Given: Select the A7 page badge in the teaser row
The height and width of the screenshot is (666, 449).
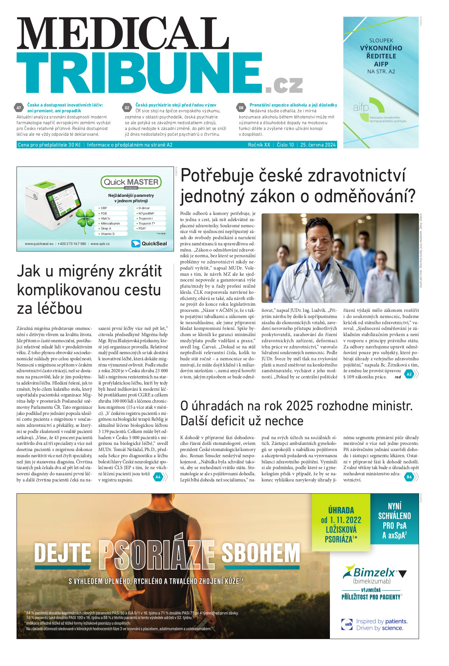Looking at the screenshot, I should point(19,108).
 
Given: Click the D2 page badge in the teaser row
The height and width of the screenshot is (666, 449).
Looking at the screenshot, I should point(127,108).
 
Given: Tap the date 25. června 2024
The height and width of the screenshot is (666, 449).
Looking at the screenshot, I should point(318,145).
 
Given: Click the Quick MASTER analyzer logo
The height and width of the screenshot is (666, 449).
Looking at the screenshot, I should point(131,182).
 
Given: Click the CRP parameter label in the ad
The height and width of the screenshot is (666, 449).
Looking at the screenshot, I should point(104,208).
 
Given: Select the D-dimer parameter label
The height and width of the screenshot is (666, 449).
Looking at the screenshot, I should point(144,208).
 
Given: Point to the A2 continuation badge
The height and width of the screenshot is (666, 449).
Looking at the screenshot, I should point(409,374).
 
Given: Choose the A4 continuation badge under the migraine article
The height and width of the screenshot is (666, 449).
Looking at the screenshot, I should point(158,477).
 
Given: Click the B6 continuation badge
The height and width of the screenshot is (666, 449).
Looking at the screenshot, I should point(409,477).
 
